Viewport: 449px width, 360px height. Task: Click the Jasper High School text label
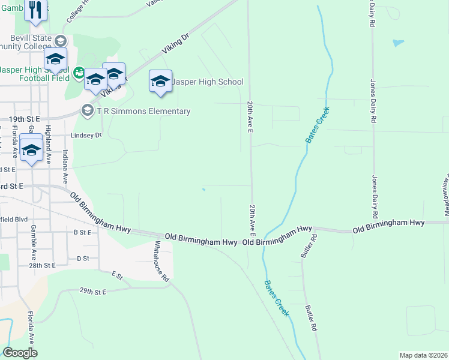point(208,82)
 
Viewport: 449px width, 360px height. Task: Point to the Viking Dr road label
point(176,45)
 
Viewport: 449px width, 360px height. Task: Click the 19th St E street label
point(24,120)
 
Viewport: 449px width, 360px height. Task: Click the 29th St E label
point(92,292)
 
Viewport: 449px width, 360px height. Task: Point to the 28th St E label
point(41,265)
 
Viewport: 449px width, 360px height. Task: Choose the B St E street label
point(82,232)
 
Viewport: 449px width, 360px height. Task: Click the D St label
point(83,259)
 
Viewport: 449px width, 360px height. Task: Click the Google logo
point(20,353)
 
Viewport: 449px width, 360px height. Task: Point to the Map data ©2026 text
point(423,355)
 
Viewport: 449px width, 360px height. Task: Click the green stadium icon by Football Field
point(78,73)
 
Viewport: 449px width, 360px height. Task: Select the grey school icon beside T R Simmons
point(87,110)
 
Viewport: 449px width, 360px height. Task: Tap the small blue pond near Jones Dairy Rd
point(398,43)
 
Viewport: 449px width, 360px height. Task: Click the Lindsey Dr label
point(87,135)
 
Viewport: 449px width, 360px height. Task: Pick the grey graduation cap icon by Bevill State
point(59,40)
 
